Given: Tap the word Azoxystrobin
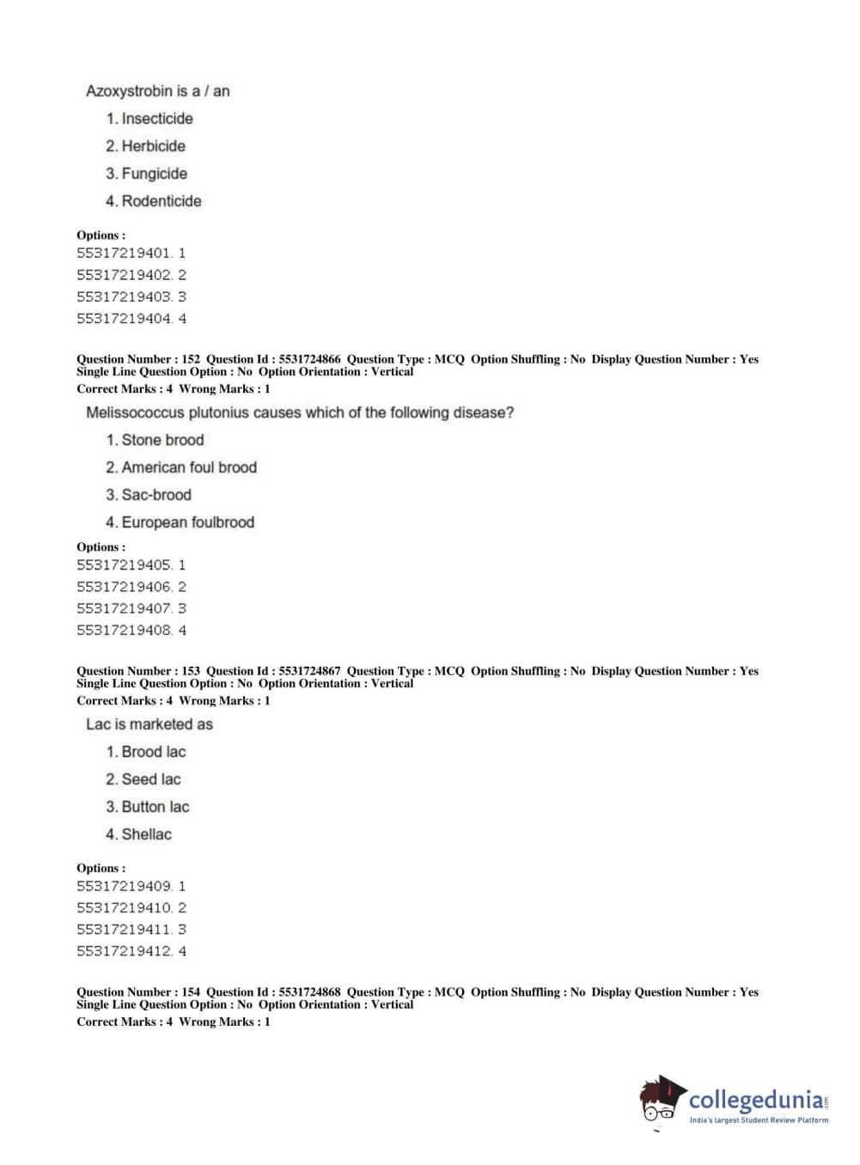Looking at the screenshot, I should click(129, 91).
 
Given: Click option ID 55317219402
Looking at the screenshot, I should click(124, 275).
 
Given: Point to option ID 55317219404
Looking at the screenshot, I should click(124, 319).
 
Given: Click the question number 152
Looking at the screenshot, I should click(191, 359).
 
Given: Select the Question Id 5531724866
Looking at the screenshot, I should click(309, 359).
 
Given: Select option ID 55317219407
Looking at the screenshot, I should click(124, 608).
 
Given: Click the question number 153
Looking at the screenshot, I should click(191, 671).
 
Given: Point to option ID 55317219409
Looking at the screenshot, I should click(124, 886).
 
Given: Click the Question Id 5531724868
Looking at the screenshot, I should click(309, 991).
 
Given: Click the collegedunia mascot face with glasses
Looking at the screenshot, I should click(660, 1101).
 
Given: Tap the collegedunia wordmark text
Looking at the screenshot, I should click(756, 1100).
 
